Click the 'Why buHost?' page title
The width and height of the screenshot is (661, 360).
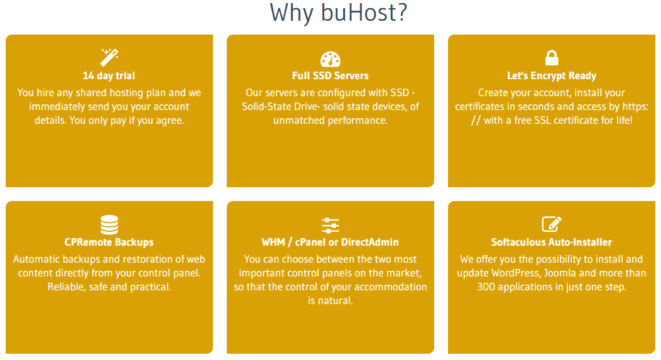[339, 13]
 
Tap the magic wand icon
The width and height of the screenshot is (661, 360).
[109, 57]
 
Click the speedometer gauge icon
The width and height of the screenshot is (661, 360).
[330, 59]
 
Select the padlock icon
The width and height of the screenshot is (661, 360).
[552, 58]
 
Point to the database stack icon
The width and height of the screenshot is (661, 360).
[109, 225]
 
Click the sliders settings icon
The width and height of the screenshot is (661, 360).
[330, 225]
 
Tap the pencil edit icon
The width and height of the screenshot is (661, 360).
[552, 224]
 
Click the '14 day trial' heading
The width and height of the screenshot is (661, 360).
[109, 76]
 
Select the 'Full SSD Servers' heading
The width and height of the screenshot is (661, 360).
[330, 76]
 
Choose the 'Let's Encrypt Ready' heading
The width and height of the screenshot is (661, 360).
[552, 76]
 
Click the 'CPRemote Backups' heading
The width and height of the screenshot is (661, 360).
[109, 243]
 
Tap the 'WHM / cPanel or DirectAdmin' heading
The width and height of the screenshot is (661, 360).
[330, 243]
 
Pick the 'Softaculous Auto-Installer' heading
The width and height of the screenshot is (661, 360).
[552, 243]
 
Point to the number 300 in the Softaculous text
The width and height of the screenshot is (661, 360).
[486, 287]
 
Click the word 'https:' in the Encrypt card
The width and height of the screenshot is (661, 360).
[635, 107]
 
